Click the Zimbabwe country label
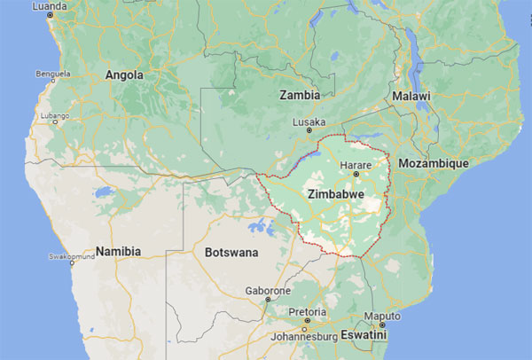(335, 192)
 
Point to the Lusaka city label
(309, 122)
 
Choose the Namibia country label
(118, 251)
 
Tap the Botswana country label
(231, 253)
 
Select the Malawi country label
(411, 96)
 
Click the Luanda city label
(49, 6)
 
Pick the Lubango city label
(55, 116)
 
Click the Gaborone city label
(267, 290)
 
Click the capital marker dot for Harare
(356, 175)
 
